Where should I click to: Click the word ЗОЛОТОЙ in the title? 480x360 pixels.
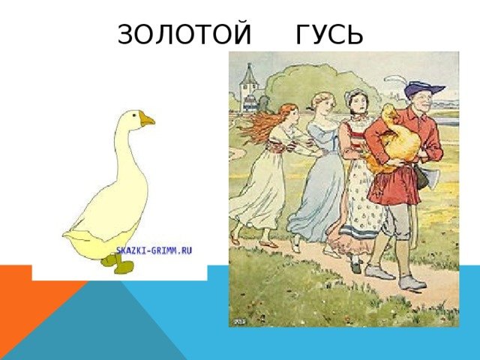coord(184,34)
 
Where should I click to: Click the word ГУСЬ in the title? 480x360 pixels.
coord(329,34)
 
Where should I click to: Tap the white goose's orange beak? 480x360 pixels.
coord(147,119)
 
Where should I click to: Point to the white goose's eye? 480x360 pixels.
coord(133,115)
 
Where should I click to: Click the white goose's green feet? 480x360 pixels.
coord(118,263)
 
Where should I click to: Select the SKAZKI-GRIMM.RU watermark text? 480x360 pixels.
coord(154,250)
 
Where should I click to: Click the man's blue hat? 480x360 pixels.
coord(424,88)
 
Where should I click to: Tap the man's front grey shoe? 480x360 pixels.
coord(412,283)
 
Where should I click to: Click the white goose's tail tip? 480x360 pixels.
coord(65,235)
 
